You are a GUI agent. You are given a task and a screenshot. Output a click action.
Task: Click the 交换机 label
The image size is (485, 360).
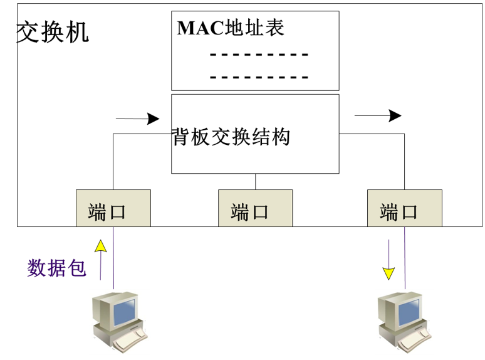coord(53,32)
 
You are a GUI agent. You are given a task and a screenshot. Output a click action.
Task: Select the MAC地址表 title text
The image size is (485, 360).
coord(231,28)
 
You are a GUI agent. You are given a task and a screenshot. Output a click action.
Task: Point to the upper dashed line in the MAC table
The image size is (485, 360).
coord(259,55)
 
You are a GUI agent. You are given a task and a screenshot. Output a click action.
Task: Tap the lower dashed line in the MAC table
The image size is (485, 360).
coord(259,78)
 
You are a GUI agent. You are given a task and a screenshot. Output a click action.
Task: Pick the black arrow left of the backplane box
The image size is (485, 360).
coord(138,119)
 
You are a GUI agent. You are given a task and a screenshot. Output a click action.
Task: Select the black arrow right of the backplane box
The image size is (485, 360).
coord(378,115)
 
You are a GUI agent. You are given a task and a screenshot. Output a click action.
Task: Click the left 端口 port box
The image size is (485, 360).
coord(113,208)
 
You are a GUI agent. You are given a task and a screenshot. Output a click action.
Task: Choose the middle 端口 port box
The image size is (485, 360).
coord(255,208)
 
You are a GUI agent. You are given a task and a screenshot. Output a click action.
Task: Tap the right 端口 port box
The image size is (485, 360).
coord(404,208)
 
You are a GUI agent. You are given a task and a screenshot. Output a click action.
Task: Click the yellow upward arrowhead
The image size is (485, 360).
coord(100,246)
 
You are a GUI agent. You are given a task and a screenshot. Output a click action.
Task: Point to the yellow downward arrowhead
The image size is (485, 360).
coord(389,273)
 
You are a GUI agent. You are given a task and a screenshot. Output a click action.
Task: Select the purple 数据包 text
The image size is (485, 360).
coord(56,268)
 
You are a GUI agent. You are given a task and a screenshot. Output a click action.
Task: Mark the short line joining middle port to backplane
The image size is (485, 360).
coord(256,181)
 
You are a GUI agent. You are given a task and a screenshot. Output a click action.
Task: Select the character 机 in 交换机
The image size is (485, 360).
coord(78,32)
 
